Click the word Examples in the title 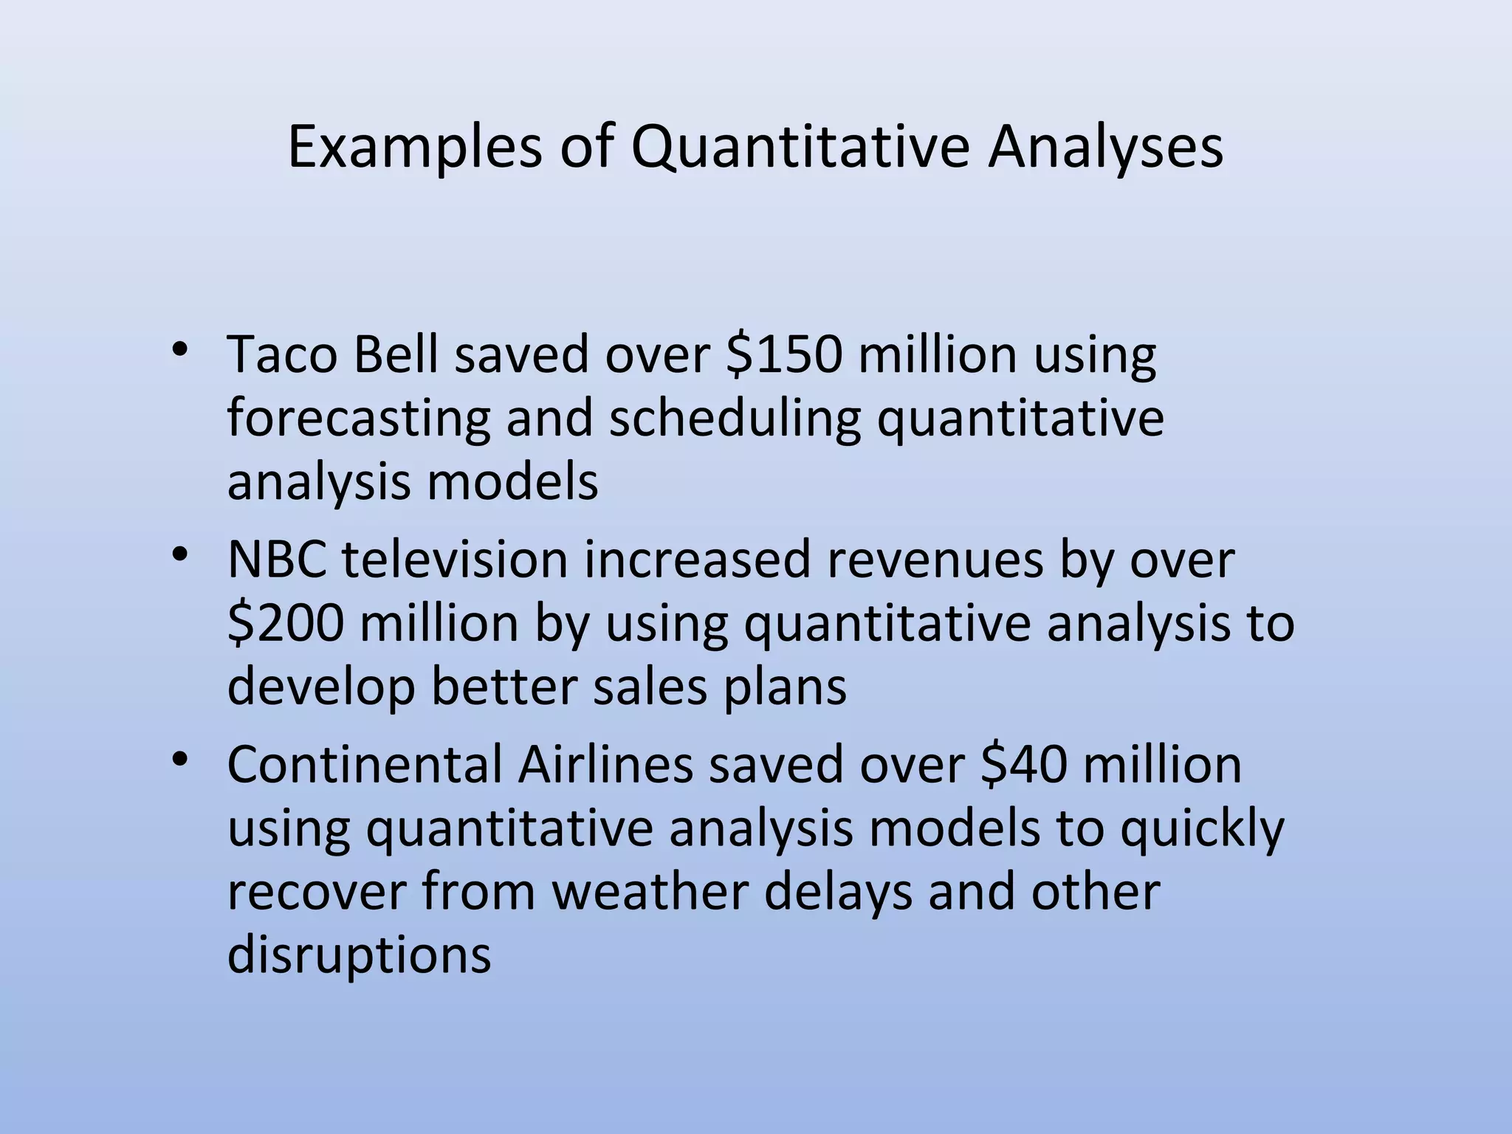[414, 148]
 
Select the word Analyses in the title [1105, 148]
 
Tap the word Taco [282, 354]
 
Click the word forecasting [358, 419]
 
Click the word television [455, 559]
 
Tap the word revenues [935, 559]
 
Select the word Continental [365, 764]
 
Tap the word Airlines [605, 764]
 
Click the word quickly [1202, 829]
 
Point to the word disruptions [359, 955]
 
